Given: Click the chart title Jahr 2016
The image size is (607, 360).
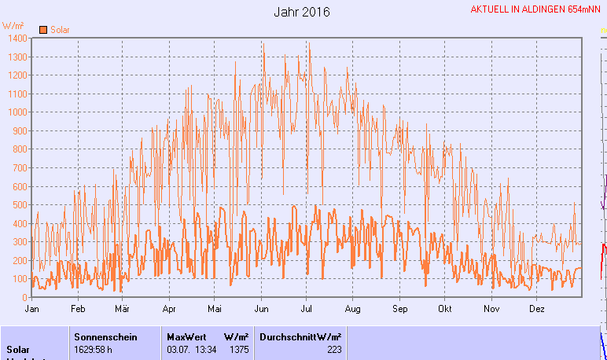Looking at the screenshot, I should pos(303,13).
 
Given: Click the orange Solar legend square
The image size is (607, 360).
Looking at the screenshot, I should pos(44,30).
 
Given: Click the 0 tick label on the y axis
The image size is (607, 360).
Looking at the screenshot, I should pos(26,297).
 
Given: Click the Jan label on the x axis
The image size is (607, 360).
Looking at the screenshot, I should pos(32,309).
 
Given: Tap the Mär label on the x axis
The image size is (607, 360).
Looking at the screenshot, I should pos(121,309).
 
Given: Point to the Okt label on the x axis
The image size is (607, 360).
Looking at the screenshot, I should pos(446,309).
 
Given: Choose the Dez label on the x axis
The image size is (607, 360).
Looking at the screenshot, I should pos(537,309).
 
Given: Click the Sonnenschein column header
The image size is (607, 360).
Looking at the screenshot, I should pos(105,336).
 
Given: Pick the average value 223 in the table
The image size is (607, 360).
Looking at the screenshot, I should pos(334,349).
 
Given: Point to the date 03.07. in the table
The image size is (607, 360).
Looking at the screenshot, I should pos(178,349).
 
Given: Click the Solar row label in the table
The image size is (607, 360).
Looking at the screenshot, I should pos(20,349).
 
